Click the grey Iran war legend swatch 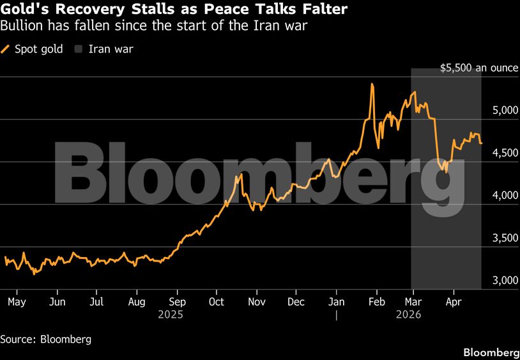[79, 49]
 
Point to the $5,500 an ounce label [479, 68]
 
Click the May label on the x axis [17, 302]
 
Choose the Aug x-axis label [137, 302]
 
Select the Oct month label [217, 302]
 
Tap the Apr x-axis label [453, 302]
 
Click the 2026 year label [408, 315]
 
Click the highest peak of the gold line [372, 84]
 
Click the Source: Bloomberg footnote [45, 340]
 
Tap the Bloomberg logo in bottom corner [491, 352]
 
